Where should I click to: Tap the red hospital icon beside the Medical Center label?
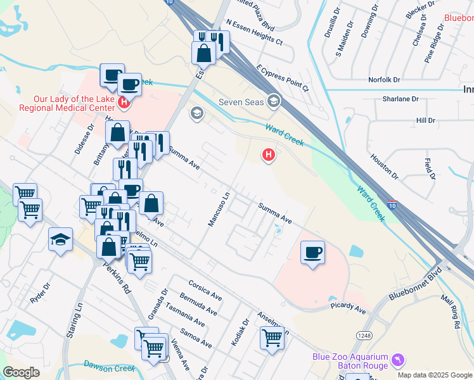(124, 101)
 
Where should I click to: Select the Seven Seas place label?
(241, 101)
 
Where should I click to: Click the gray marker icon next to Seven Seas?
(274, 100)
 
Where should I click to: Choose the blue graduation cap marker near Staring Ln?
(60, 239)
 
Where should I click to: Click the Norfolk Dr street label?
(385, 80)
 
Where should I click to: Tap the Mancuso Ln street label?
(218, 210)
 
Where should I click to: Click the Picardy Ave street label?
(347, 308)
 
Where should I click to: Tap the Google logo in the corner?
(21, 372)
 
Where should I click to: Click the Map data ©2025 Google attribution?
(435, 375)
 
